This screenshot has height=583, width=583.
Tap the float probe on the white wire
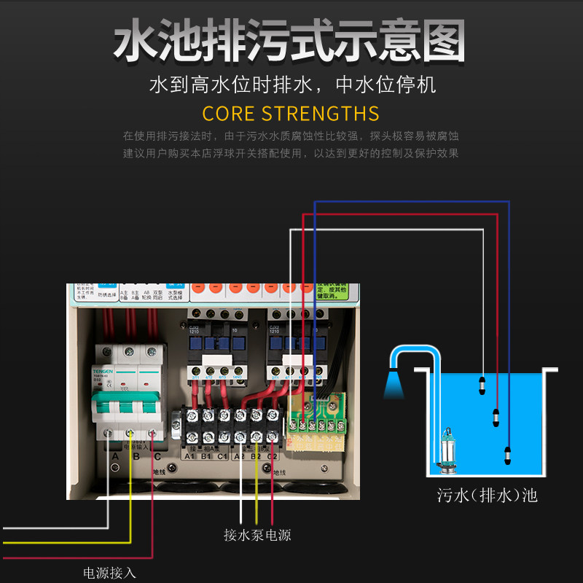tap(481, 384)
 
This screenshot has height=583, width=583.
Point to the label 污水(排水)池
tap(487, 496)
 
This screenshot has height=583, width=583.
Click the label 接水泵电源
tap(257, 535)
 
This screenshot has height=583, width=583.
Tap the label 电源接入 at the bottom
tap(109, 573)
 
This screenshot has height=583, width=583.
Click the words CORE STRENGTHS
tap(291, 114)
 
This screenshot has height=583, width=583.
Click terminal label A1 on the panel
tap(189, 456)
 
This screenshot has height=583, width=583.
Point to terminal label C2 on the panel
tap(271, 456)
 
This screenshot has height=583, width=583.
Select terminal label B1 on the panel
tap(206, 456)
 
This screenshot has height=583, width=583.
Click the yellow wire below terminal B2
tap(257, 496)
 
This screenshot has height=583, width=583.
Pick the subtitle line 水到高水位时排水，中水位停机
tap(291, 85)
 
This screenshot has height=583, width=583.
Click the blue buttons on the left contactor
tap(215, 343)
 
